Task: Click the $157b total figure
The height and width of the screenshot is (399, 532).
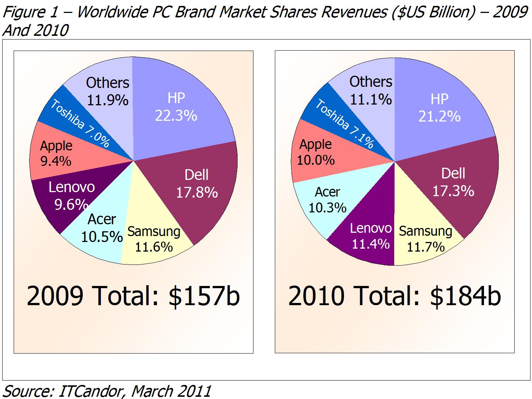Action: [204, 296]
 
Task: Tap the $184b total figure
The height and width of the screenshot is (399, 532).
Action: [466, 296]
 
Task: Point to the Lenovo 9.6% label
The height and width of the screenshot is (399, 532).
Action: [72, 195]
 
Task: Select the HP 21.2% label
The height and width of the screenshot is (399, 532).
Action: [439, 108]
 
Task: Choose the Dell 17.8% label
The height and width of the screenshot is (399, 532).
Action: [197, 184]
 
